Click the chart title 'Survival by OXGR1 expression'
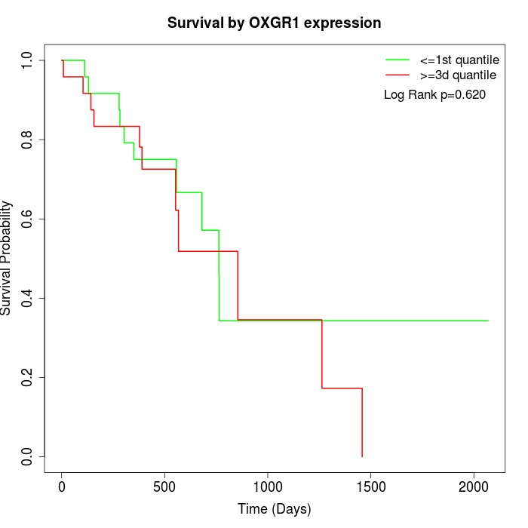[x=274, y=23]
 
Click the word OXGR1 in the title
[x=274, y=23]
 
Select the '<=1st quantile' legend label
[x=459, y=60]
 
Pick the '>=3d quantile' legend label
[x=458, y=75]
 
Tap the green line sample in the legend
[x=398, y=60]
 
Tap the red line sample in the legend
[x=398, y=75]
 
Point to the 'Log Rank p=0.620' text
[x=434, y=95]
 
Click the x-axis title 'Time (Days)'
[x=274, y=509]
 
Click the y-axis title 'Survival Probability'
[x=6, y=258]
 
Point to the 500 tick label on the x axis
[x=164, y=487]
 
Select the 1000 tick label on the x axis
[x=267, y=487]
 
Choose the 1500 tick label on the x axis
[x=371, y=487]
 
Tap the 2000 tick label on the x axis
[x=474, y=487]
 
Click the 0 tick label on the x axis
[x=62, y=487]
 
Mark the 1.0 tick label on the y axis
[x=26, y=60]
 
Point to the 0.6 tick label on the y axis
[x=26, y=219]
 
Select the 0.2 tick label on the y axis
[x=26, y=377]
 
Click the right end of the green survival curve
[x=488, y=321]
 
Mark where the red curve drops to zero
[x=362, y=456]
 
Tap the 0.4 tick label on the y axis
[x=26, y=298]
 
